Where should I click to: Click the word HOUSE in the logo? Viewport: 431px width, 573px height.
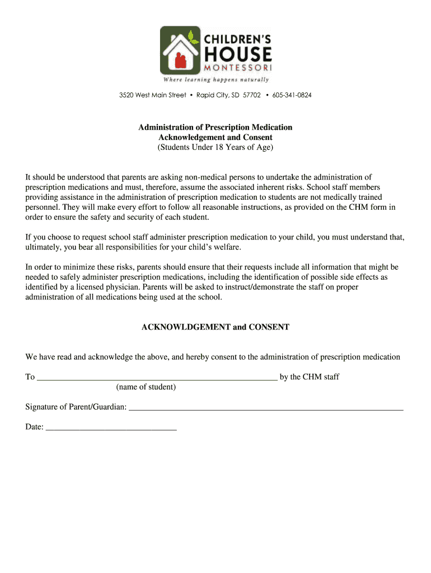click(x=238, y=54)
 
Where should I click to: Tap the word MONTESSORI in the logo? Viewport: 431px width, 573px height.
click(x=238, y=68)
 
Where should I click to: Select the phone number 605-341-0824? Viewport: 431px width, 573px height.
click(x=292, y=95)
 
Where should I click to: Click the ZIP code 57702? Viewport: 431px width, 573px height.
click(x=252, y=95)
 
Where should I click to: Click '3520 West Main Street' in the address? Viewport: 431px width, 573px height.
click(x=152, y=95)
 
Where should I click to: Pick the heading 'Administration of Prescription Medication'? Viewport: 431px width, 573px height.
click(x=215, y=128)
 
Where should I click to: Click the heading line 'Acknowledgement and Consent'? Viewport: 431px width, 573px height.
click(x=215, y=138)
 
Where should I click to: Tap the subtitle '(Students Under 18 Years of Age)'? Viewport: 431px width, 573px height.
click(x=215, y=148)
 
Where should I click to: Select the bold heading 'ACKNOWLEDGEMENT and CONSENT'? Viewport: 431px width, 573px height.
click(x=215, y=327)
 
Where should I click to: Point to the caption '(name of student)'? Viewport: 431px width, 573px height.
click(x=146, y=387)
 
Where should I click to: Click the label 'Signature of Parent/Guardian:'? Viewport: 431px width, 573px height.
click(x=76, y=407)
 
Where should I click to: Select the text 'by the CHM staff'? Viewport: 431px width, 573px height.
click(x=310, y=377)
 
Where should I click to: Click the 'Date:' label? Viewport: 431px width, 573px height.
click(x=34, y=427)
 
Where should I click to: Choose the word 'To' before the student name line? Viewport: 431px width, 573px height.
click(x=30, y=377)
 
